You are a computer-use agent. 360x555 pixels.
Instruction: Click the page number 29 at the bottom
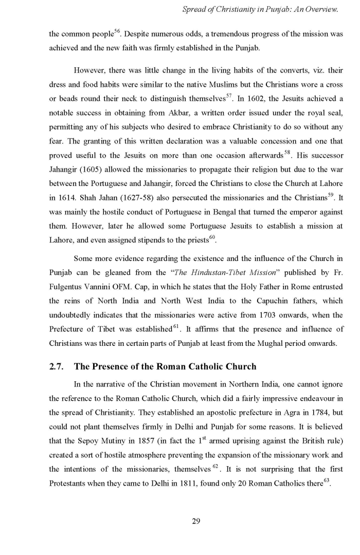click(195, 522)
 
